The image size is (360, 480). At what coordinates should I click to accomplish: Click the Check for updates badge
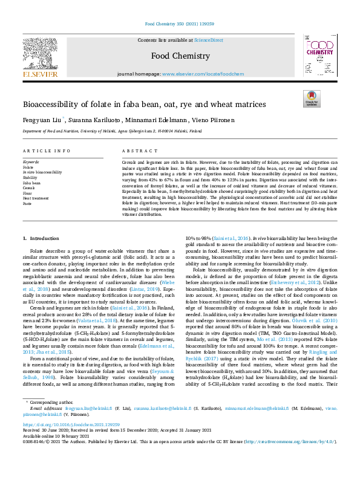(311, 98)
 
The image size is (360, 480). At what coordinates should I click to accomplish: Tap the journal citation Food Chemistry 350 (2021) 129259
(179, 25)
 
